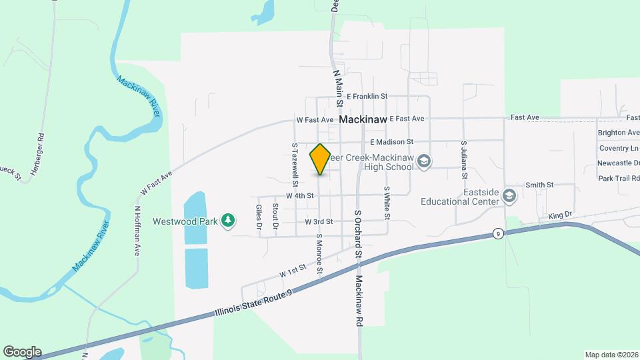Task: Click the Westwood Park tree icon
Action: point(228,220)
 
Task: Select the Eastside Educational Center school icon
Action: point(509,195)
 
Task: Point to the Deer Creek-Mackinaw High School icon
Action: point(424,161)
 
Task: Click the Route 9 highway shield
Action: point(497,233)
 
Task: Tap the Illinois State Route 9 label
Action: point(254,304)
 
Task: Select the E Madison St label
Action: point(391,142)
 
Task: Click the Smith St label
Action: point(539,185)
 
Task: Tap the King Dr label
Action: point(560,215)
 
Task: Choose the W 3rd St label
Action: point(319,221)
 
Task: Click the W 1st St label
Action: point(292,270)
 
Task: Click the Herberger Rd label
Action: point(41,145)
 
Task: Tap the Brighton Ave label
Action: point(618,133)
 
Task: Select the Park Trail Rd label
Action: point(618,178)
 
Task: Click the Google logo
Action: point(22,352)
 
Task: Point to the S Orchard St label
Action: point(358,234)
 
